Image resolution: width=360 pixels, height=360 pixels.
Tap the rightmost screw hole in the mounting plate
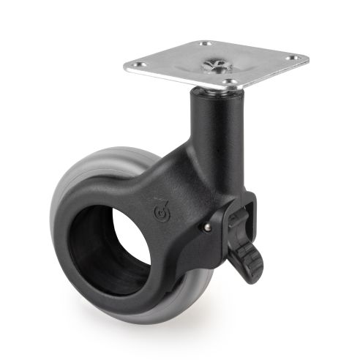(x=293, y=57)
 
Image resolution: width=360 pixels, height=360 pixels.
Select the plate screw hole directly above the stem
(x=230, y=82)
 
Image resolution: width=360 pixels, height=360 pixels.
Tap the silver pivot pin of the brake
(x=207, y=228)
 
